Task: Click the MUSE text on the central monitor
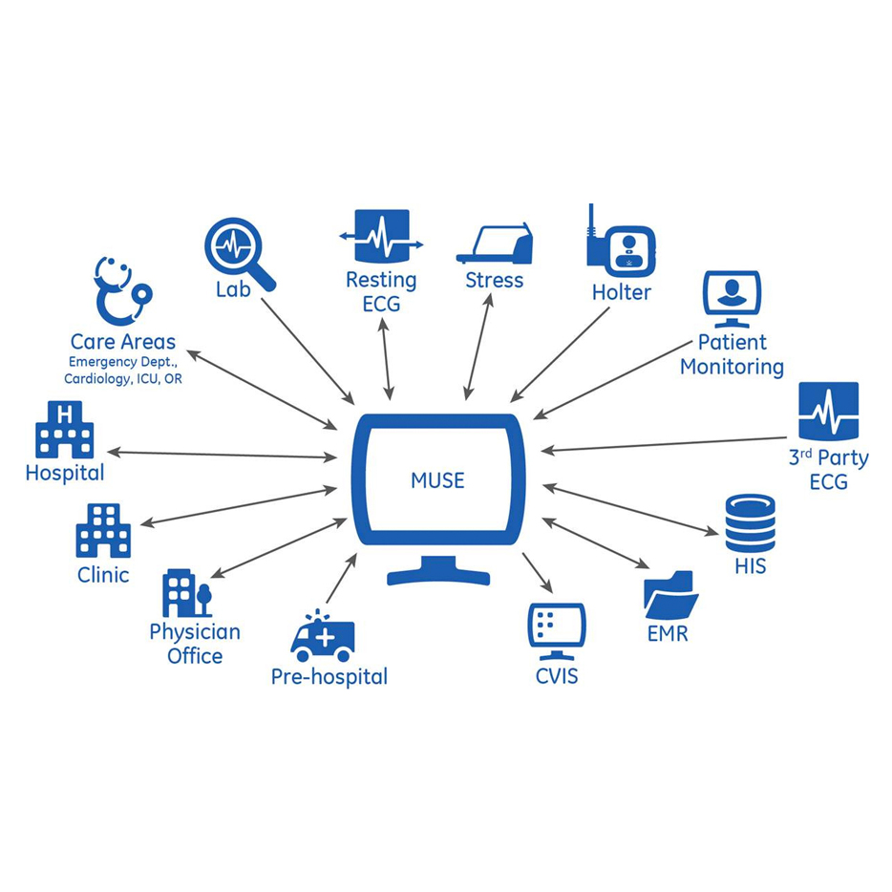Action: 437,480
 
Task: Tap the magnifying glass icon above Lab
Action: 237,250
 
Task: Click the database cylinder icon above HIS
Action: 750,522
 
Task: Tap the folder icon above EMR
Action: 669,594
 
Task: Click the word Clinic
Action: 103,575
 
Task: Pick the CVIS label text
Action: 556,677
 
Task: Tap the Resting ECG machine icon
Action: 382,238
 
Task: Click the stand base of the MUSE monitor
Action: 438,574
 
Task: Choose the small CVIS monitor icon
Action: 556,629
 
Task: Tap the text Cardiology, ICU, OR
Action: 122,379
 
